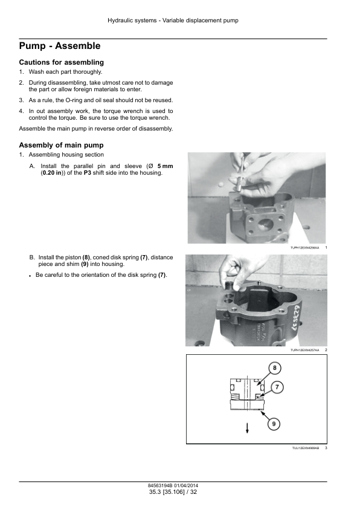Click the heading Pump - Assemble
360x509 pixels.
[60, 46]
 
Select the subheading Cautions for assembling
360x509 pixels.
[61, 62]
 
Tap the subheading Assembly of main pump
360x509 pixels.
[61, 145]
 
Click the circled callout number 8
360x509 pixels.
[275, 368]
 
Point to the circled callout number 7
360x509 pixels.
[277, 387]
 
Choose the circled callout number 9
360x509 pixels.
[274, 424]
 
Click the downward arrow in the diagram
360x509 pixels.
[247, 428]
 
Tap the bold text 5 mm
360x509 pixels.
[165, 166]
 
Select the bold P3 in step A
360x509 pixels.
[88, 173]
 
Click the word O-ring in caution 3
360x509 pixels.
[74, 100]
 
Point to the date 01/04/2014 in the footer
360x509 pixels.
[186, 485]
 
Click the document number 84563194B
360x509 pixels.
[160, 485]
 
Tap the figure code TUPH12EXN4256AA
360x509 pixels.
[304, 248]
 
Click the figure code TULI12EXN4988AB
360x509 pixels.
[305, 448]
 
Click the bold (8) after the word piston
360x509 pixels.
[86, 258]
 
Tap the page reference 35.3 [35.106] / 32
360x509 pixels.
[173, 492]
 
